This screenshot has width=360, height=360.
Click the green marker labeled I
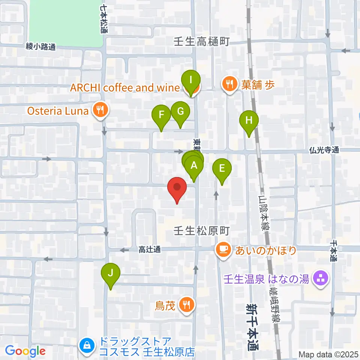(191, 80)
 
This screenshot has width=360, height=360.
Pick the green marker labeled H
(249, 121)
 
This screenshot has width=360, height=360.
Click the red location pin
(177, 187)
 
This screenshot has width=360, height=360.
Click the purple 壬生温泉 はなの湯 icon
(320, 279)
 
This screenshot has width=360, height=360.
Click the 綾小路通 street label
(41, 47)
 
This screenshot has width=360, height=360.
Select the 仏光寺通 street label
(324, 150)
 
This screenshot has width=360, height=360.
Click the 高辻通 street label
(149, 249)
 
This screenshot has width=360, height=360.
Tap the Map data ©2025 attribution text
(328, 354)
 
